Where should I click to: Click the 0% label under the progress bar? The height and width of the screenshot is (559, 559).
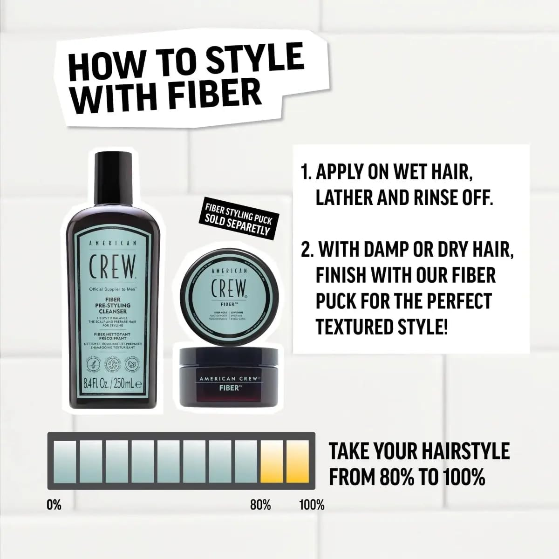[54, 504]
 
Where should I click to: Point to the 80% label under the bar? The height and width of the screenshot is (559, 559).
[260, 504]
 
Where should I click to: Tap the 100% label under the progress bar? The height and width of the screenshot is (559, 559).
[311, 504]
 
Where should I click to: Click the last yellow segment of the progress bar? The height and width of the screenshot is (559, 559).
[298, 461]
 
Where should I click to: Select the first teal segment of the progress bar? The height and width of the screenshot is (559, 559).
[65, 461]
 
